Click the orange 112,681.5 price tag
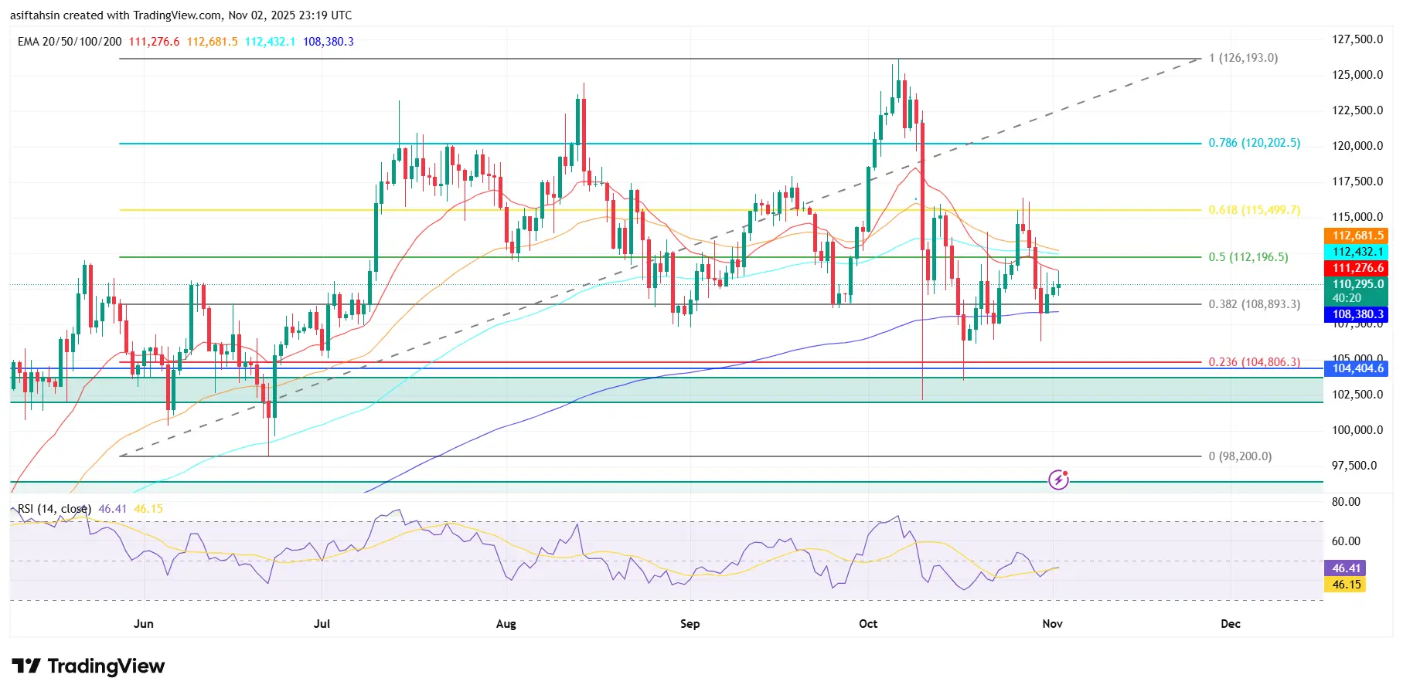point(1357,236)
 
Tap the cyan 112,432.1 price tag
point(1357,252)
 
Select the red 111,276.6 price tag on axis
point(1357,268)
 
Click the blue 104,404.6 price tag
point(1357,368)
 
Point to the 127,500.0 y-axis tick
point(1357,39)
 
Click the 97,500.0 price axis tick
point(1354,466)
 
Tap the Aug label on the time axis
point(506,624)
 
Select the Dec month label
point(1230,624)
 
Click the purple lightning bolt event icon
point(1058,480)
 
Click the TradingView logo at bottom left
point(88,666)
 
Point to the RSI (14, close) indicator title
point(54,509)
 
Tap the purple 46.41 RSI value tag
point(1347,568)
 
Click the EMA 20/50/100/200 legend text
point(70,42)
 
